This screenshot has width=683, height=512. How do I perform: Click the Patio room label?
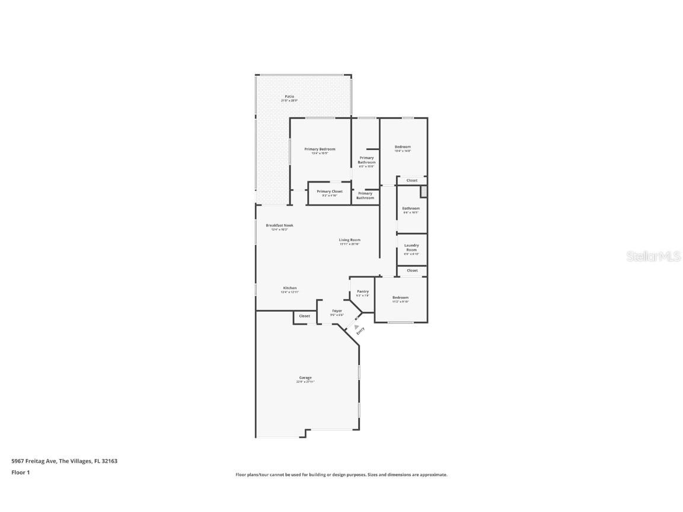(x=289, y=97)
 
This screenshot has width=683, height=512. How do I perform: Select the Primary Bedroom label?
(x=320, y=149)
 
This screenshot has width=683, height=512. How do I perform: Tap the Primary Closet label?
(x=329, y=191)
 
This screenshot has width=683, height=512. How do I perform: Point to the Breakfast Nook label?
(x=279, y=225)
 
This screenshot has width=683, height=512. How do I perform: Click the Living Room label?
(x=350, y=240)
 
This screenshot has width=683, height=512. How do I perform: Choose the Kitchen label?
(x=289, y=288)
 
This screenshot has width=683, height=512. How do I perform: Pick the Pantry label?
(x=363, y=292)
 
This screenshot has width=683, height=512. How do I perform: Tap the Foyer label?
(x=337, y=311)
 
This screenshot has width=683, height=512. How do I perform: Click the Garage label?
(x=305, y=377)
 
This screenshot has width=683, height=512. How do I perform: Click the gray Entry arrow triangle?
(x=356, y=327)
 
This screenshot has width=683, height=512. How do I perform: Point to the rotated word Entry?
(x=361, y=332)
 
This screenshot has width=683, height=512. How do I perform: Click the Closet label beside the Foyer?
(x=304, y=316)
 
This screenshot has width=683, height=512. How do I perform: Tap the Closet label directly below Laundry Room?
(x=412, y=270)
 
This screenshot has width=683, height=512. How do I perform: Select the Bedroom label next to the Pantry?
(x=400, y=297)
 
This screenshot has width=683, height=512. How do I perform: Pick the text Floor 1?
(x=20, y=472)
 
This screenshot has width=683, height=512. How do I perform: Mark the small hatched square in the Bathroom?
(x=423, y=191)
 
